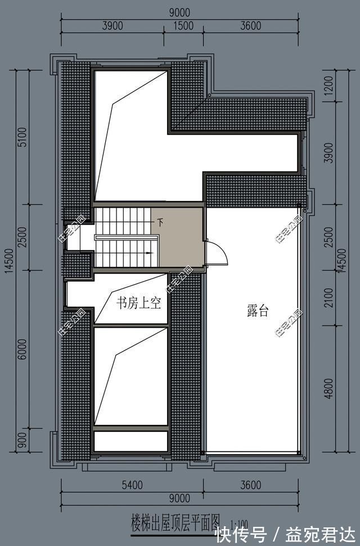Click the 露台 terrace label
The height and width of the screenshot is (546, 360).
point(257,311)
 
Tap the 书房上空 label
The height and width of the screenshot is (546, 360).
point(139,304)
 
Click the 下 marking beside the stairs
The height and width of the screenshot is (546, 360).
point(160,222)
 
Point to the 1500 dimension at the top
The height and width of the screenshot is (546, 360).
point(183,25)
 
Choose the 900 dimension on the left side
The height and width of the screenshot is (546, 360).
point(21,441)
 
